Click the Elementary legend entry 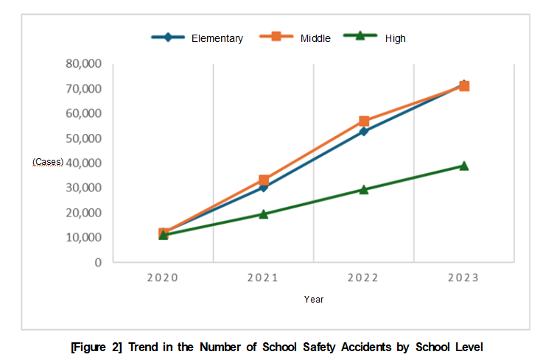(x=217, y=38)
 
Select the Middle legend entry (x=315, y=38)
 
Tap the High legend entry (x=395, y=38)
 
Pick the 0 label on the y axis (x=97, y=262)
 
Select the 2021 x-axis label (x=263, y=278)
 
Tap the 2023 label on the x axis (x=463, y=278)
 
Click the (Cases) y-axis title (x=48, y=162)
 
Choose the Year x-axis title (x=314, y=300)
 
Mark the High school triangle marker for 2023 (x=464, y=166)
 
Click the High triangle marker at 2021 (x=263, y=214)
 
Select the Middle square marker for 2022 (x=364, y=121)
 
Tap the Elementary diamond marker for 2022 (x=364, y=132)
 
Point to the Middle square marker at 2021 (x=263, y=180)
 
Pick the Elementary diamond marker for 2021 (x=263, y=188)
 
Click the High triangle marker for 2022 (x=364, y=189)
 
